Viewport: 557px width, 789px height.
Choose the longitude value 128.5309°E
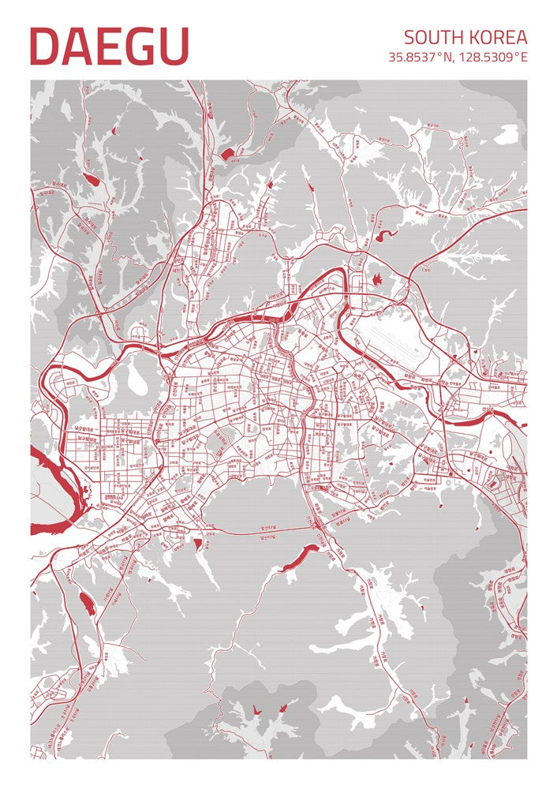point(493,57)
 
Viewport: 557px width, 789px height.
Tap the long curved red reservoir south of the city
point(298,557)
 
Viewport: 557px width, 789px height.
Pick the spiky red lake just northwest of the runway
point(376,279)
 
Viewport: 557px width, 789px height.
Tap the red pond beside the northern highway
point(226,153)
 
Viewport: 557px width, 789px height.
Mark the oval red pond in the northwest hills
point(92,180)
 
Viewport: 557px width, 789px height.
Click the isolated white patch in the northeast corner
point(506,135)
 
